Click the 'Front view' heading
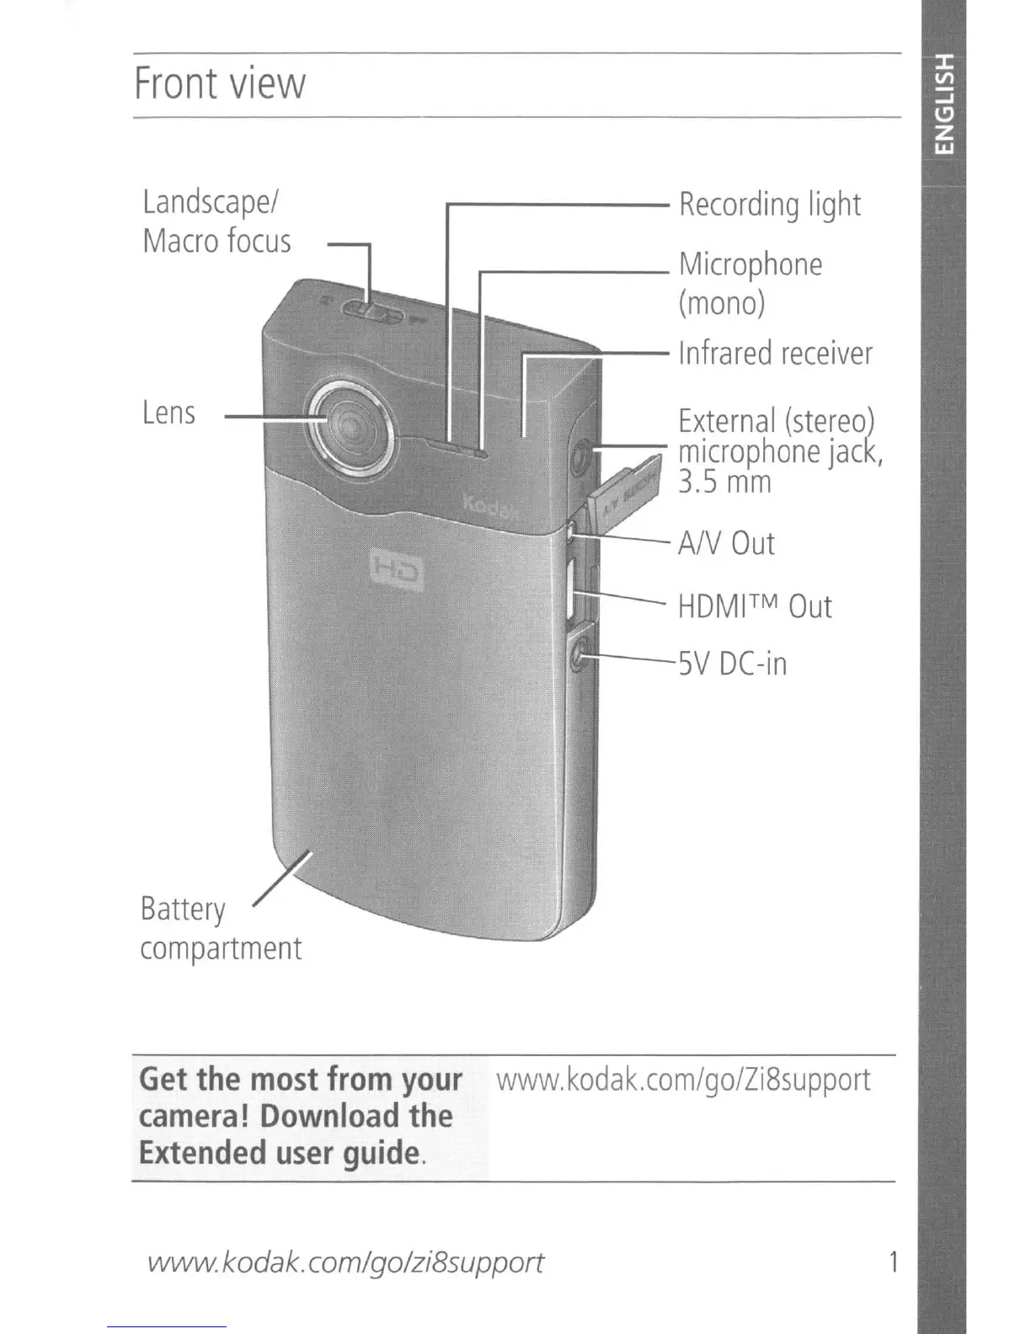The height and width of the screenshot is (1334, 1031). coord(220,83)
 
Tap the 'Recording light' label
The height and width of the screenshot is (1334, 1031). coord(770,205)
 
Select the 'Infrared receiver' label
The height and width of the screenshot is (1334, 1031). coord(776,354)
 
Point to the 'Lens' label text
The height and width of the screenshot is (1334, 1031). coord(168,413)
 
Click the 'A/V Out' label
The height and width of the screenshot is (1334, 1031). coord(726,544)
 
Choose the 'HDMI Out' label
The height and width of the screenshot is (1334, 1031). coord(755,606)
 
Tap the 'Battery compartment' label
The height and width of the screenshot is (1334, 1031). coord(220,929)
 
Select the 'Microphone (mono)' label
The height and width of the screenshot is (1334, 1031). coord(751,283)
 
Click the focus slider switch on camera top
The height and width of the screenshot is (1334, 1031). coord(371,314)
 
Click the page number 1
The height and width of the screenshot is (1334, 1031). coord(892,1262)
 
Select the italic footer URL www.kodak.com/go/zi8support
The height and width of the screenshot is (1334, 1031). coord(345,1262)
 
